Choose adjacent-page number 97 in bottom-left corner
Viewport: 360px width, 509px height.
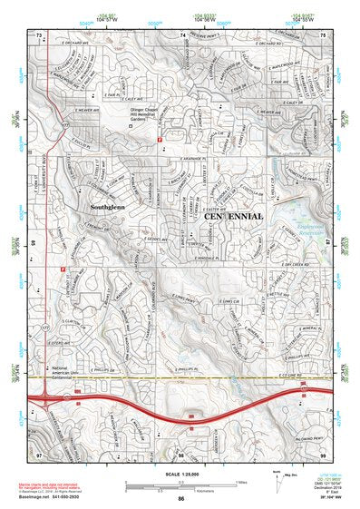click(x=40, y=452)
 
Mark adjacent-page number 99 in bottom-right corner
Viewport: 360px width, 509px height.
click(x=322, y=452)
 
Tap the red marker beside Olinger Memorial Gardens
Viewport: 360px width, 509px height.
click(x=160, y=140)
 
